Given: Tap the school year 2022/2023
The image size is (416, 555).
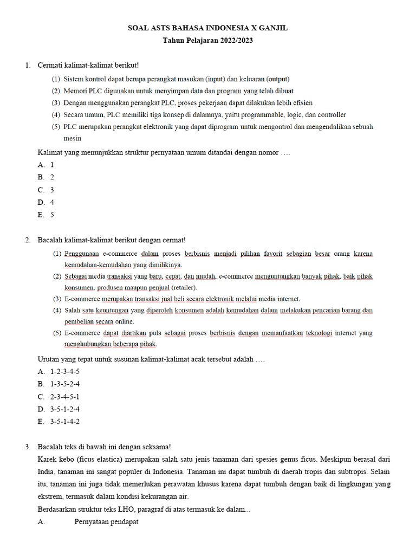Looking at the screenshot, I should point(232,40).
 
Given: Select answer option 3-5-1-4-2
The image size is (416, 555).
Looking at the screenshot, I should point(65,422).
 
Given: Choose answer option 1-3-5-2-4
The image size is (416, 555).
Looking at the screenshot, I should point(65,384).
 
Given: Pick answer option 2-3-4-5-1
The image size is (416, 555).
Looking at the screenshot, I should point(65,396).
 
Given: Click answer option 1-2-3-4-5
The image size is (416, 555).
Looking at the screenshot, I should point(65,371).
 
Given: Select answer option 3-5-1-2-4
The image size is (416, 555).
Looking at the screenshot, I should point(65,409).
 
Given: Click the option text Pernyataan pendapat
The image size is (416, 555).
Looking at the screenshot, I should point(106,522).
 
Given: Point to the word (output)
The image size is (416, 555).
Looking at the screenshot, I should point(277,79).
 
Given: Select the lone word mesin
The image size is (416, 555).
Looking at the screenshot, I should point(73,138).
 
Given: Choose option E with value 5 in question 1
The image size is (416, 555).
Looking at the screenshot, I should point(52,215).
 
